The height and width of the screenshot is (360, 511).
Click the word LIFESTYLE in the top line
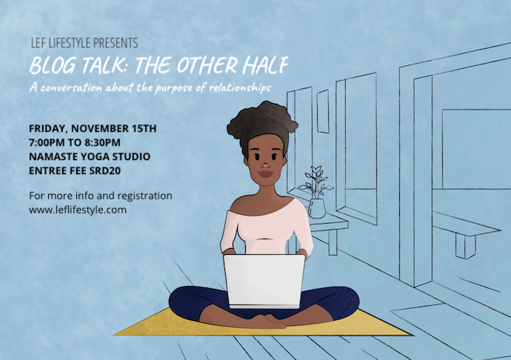click(x=72, y=44)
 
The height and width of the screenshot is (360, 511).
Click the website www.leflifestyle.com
click(x=78, y=210)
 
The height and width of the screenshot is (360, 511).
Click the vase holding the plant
click(x=317, y=207)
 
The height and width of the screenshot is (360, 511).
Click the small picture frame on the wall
click(x=323, y=111)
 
